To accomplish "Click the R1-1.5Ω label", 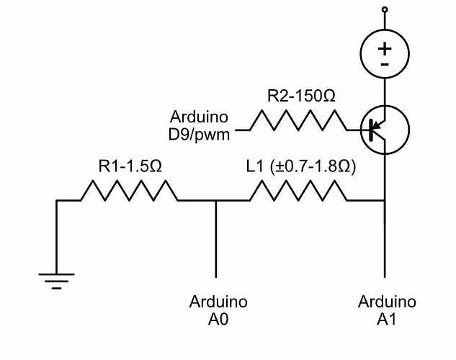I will point(130,166).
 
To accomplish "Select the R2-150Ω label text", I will point(301,96).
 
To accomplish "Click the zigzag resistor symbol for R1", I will point(128,191).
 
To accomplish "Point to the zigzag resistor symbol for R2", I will point(298,121).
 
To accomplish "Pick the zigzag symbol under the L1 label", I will point(298,191).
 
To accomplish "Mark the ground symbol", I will point(56,278).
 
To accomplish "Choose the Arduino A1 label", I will point(387,309).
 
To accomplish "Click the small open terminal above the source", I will point(385,10).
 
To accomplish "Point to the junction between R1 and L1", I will point(217,201).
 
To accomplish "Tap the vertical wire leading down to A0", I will point(217,241).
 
